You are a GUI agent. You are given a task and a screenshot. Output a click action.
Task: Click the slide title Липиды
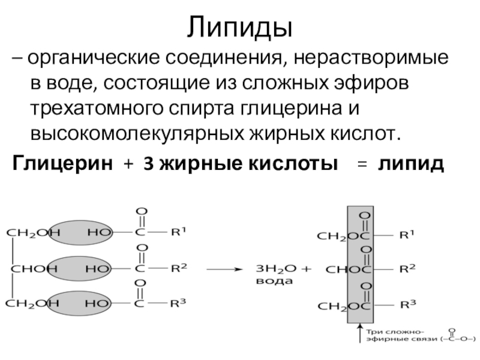239,27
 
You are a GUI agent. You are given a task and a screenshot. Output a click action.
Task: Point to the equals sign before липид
361,164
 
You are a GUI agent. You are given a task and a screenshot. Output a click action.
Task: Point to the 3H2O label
272,268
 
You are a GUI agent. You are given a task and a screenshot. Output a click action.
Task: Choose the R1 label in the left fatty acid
179,232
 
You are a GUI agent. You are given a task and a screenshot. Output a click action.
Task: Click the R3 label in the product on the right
409,305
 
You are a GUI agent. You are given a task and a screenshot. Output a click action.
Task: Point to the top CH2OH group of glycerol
27,232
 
